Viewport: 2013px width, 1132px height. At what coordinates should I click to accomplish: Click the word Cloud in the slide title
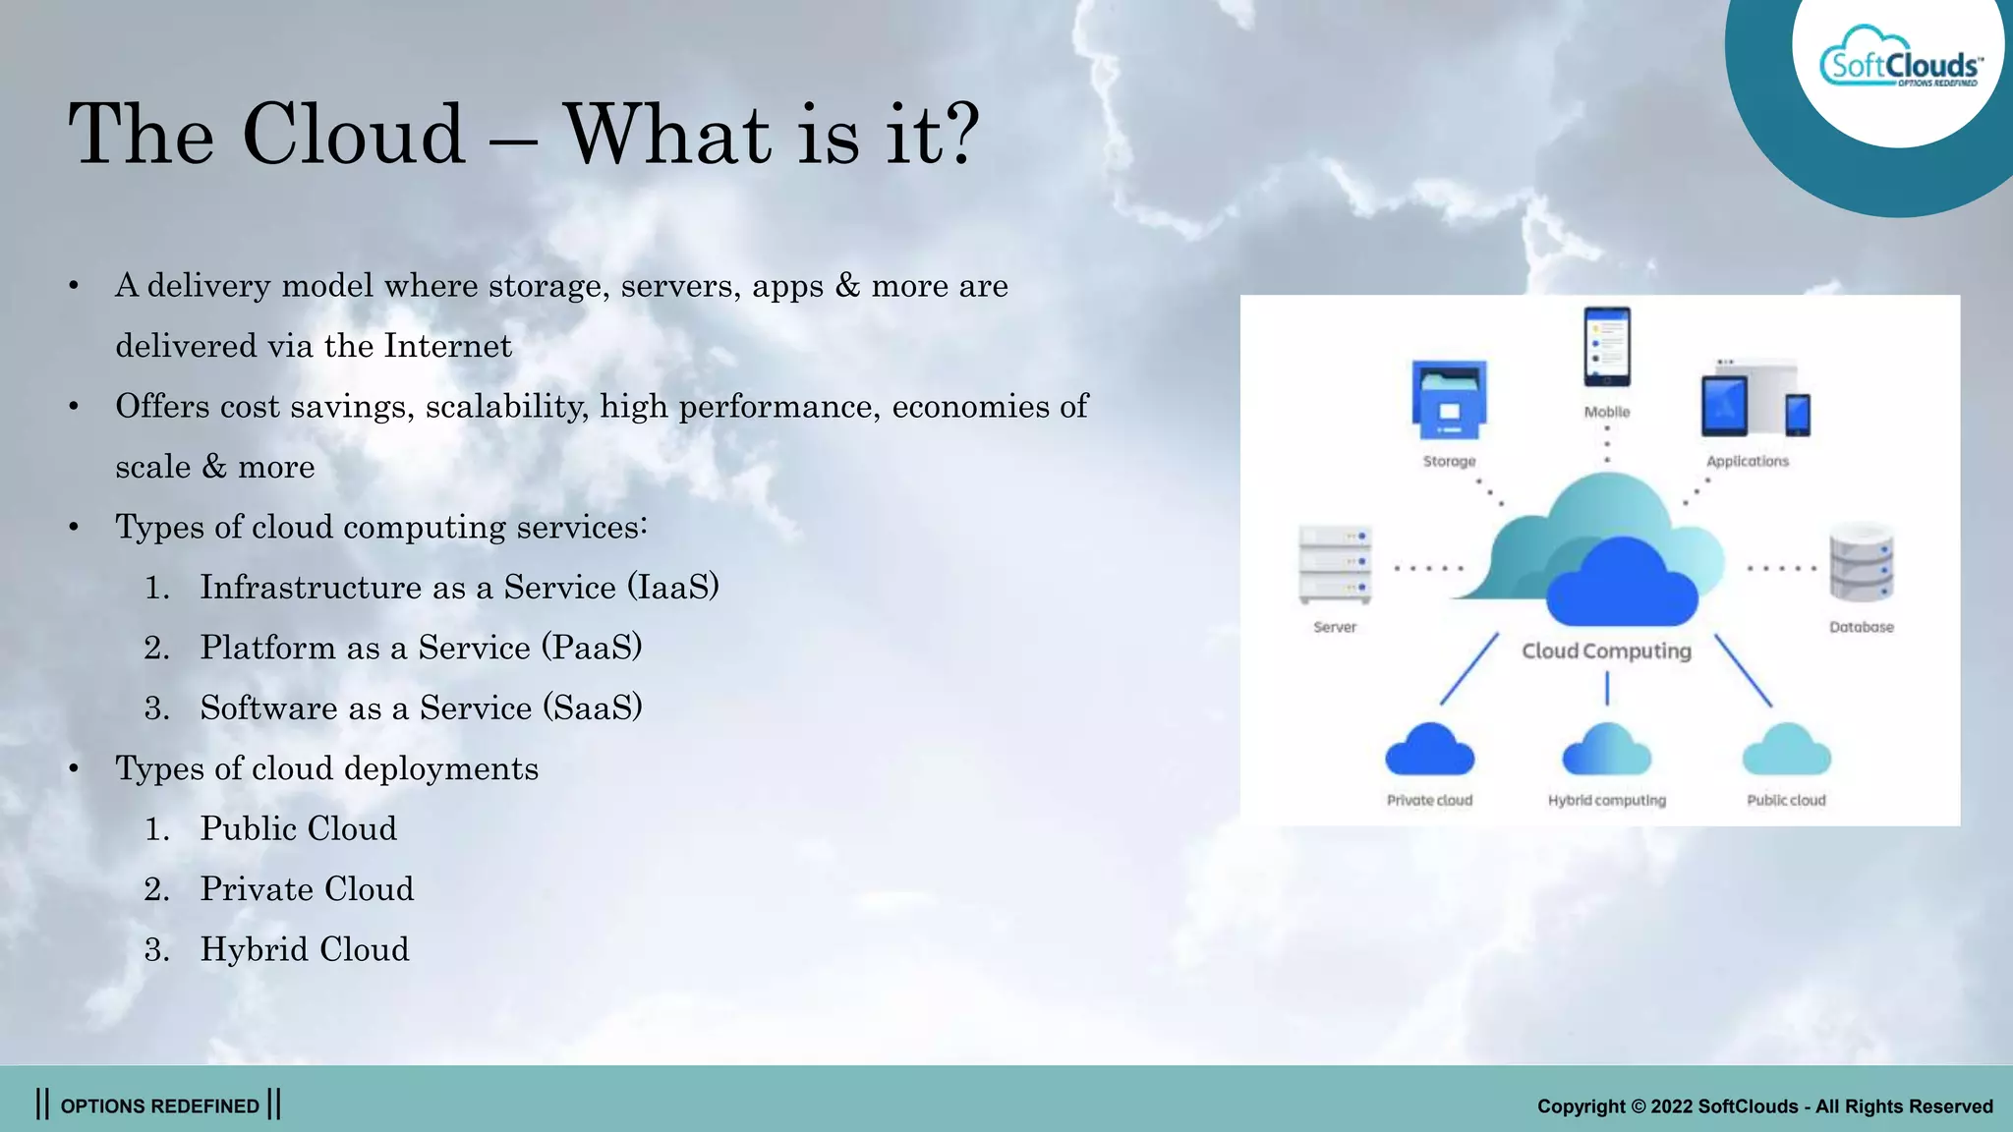[353, 135]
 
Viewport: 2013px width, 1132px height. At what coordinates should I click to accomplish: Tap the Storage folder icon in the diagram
[1449, 400]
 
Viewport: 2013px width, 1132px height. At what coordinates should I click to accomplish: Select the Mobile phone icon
[1606, 347]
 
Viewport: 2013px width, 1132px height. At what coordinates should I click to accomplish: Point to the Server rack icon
[1334, 565]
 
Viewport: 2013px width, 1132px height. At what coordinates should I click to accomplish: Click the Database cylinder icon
[1861, 565]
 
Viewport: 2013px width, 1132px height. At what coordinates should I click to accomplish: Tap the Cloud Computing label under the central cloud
[1606, 651]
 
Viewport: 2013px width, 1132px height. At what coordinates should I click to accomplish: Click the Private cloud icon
[1429, 751]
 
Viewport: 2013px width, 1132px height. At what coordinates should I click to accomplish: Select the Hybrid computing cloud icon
[1606, 751]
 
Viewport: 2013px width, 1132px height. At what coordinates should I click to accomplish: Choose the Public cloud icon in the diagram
[1786, 751]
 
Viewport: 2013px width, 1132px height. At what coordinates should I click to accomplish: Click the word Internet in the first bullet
[447, 346]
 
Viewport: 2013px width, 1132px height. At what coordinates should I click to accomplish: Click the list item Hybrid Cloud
[305, 949]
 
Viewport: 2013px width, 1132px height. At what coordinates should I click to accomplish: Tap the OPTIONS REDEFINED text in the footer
[159, 1106]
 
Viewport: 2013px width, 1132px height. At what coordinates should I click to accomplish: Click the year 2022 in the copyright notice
[1671, 1106]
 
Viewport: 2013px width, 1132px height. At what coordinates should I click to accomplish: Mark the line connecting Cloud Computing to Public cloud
[1743, 670]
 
